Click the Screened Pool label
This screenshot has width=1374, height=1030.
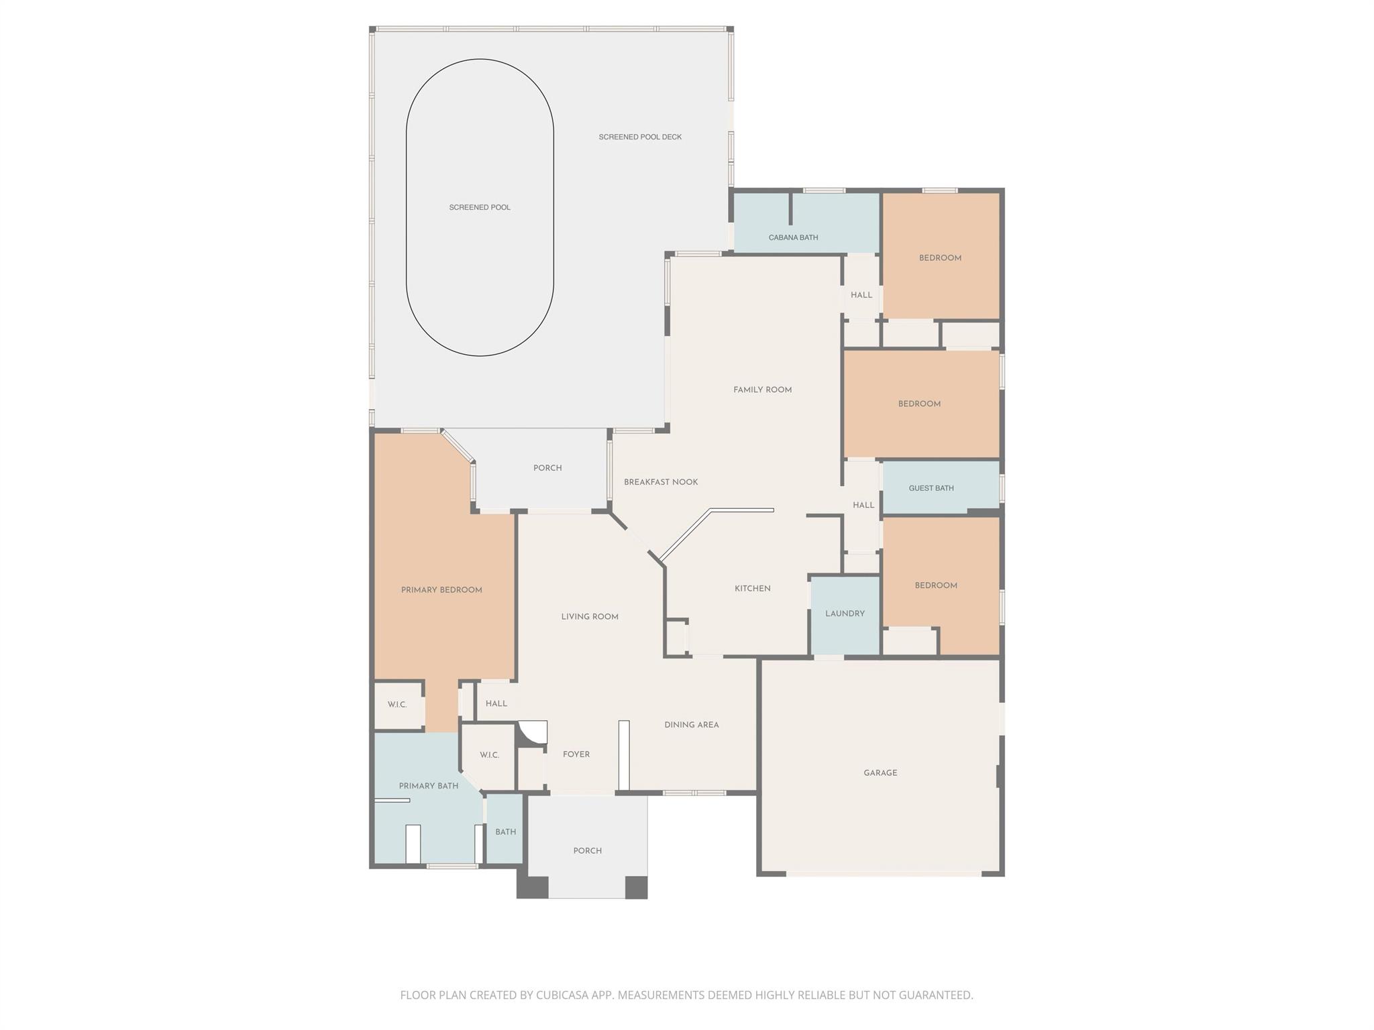click(x=480, y=207)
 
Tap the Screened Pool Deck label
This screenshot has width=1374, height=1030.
click(x=640, y=137)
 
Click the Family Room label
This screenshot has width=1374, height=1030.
click(x=762, y=390)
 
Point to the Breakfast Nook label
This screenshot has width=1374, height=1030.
click(x=661, y=482)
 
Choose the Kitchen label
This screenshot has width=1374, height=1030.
click(x=752, y=588)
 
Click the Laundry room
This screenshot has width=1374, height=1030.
click(x=845, y=614)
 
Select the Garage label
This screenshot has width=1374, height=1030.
click(x=880, y=772)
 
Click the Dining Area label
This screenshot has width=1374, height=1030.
click(x=691, y=725)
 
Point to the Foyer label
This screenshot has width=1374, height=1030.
click(x=576, y=754)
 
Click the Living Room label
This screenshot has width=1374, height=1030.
click(x=590, y=617)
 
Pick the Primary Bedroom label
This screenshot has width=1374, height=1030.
click(x=441, y=590)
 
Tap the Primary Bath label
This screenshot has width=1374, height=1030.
click(x=429, y=786)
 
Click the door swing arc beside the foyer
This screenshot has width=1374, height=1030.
click(x=533, y=733)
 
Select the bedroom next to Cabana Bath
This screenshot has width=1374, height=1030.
click(x=940, y=257)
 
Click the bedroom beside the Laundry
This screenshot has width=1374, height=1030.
click(x=936, y=585)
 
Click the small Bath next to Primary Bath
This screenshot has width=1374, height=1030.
click(x=505, y=832)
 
